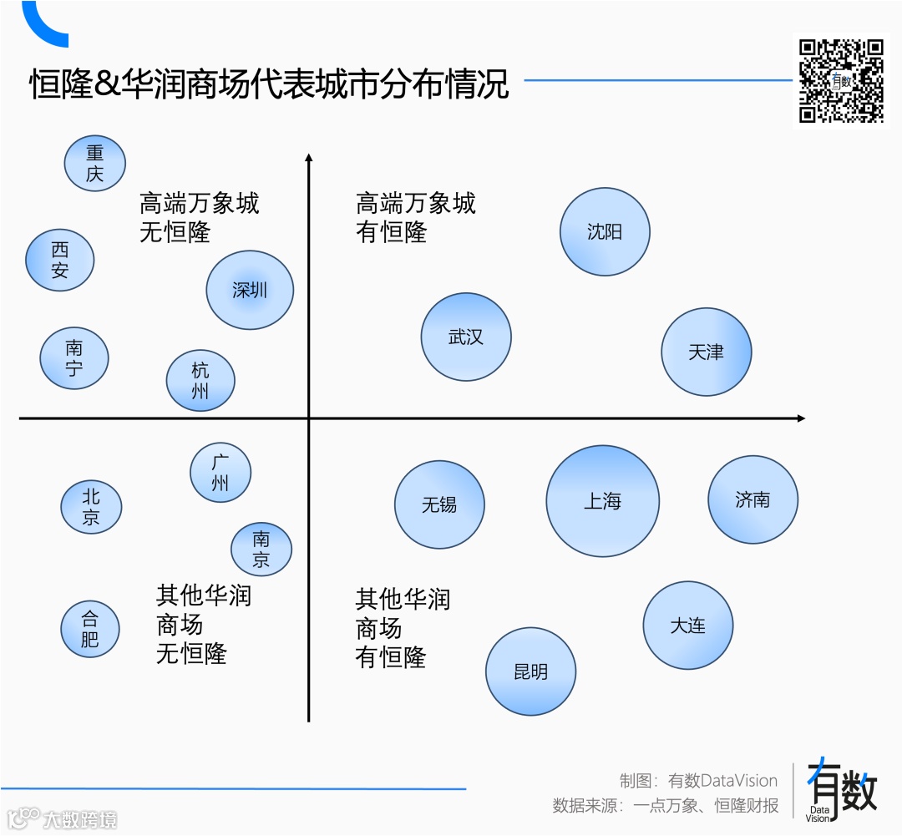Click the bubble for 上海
tap(602, 501)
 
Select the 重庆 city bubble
tap(94, 164)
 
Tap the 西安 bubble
tap(59, 260)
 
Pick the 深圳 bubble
tap(250, 290)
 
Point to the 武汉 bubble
tap(465, 337)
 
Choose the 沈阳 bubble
tap(604, 231)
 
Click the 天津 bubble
tap(706, 352)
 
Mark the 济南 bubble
tap(753, 499)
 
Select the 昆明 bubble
tap(530, 671)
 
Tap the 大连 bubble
tap(687, 626)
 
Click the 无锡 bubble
tap(439, 504)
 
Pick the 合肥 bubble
tap(89, 630)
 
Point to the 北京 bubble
tap(91, 507)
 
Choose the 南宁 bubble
tap(74, 358)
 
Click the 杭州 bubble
tap(200, 381)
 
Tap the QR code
tap(841, 80)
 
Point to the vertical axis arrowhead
tap(308, 158)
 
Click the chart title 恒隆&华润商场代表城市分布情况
tap(269, 85)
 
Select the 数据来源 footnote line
tap(665, 806)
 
